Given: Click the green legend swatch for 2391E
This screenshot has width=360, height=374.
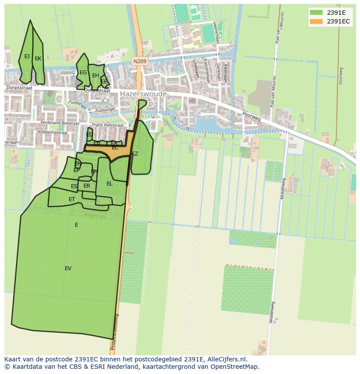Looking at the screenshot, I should pos(316,12).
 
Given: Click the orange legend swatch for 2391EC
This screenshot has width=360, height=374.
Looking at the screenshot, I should pos(316,21).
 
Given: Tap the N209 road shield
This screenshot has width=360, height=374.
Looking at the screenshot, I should pos(140,62).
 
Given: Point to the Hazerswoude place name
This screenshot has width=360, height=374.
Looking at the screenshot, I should pos(143,93).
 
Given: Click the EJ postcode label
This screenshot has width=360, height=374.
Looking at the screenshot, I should pos(27,56).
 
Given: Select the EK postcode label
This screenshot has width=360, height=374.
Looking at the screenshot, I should pos(38,59).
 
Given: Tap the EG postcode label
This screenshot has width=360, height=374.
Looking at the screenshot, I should pos(83,73).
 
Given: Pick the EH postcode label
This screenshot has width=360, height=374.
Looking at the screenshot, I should pos(96,76).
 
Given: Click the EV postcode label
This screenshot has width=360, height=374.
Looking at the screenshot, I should pos(68,268).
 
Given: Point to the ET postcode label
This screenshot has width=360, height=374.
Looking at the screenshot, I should pos(72,199).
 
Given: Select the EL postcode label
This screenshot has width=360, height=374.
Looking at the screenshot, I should pos(110,184).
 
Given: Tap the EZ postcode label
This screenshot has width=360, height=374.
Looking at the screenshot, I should pos(135,154).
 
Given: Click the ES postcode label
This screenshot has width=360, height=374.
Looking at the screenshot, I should pos(74,186).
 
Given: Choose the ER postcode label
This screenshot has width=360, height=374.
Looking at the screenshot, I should pos(87,186).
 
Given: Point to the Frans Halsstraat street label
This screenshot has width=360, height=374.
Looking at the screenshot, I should pos(108,125).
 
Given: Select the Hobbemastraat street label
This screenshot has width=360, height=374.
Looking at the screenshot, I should pos(53,132).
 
